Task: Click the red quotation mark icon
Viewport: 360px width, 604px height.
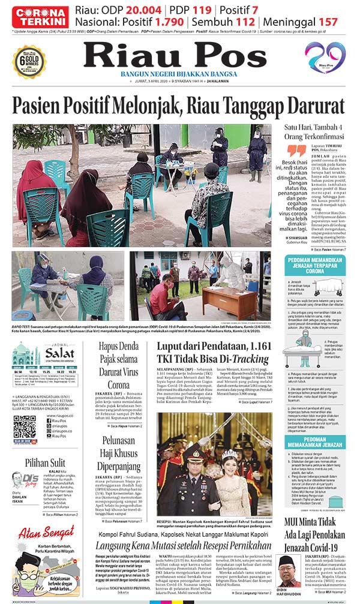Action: point(296,151)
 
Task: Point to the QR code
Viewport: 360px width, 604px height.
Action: point(25,425)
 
